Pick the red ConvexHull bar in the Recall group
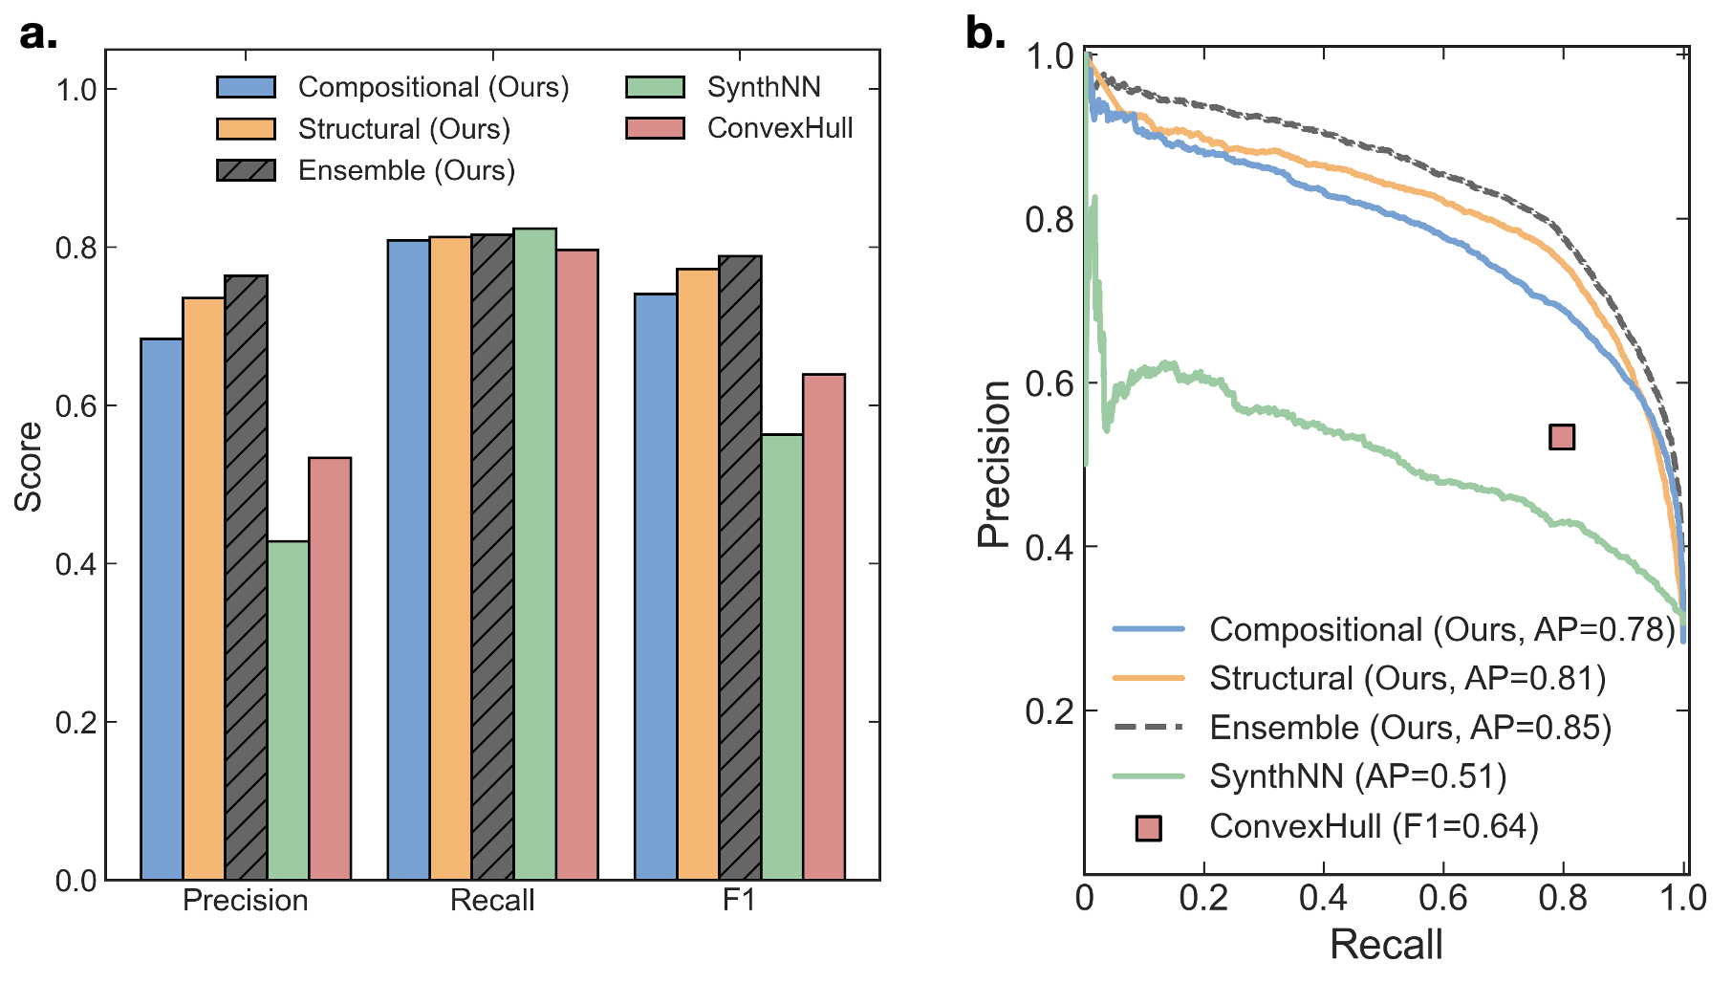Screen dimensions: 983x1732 [x=577, y=564]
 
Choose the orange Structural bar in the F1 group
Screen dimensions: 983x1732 [x=698, y=574]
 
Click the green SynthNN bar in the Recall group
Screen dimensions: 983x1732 [x=535, y=554]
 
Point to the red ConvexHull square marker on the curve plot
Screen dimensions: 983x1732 [x=1561, y=437]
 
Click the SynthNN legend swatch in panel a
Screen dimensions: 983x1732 [x=655, y=87]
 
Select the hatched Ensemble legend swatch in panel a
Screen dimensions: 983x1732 [x=247, y=170]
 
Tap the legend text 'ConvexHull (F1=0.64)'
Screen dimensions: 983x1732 [x=1374, y=826]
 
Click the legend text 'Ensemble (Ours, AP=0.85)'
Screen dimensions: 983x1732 [x=1410, y=728]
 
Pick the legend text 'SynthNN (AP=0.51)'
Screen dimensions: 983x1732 [x=1357, y=776]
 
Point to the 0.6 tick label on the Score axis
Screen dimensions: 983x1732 [x=76, y=405]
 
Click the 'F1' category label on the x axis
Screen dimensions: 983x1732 [x=739, y=901]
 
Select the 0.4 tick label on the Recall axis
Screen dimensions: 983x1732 [x=1323, y=898]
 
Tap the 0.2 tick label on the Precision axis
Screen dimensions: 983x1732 [x=1049, y=710]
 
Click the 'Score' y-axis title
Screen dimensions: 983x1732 [x=29, y=466]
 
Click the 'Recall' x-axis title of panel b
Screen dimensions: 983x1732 [x=1386, y=945]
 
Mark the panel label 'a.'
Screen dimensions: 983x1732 [x=38, y=35]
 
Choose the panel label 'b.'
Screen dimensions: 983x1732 [x=985, y=33]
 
